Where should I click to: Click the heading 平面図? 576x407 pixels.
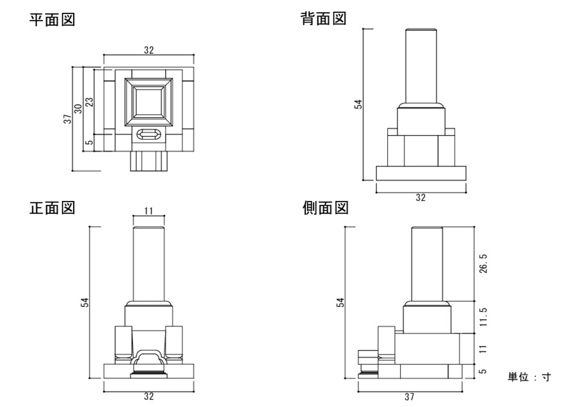point(52,20)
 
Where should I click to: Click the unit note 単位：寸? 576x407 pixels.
point(529,377)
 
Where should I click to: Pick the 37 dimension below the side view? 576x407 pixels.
point(409,397)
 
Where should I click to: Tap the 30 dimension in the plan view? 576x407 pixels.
point(79,109)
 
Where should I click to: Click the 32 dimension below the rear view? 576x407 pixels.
point(420,198)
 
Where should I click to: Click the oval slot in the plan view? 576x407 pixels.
point(148,135)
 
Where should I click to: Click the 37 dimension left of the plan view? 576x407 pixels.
point(67,119)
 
